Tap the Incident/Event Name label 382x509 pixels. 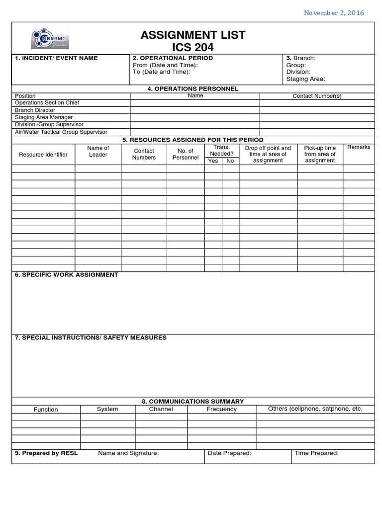click(x=56, y=58)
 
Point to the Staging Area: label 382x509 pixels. click(x=305, y=79)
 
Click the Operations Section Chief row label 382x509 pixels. click(x=47, y=103)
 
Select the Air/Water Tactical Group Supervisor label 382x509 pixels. click(x=61, y=132)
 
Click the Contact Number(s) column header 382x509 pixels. click(x=317, y=96)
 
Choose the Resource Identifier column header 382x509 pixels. click(x=43, y=155)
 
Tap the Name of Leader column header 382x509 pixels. click(x=98, y=151)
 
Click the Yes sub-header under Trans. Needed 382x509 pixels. click(x=213, y=161)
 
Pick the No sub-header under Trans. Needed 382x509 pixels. click(x=230, y=161)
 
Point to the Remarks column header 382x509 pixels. click(x=359, y=148)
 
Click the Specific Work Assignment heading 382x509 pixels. click(x=66, y=275)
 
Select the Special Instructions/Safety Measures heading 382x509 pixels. click(x=91, y=338)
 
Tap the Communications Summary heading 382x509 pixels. click(x=193, y=401)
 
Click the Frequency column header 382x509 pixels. click(x=221, y=409)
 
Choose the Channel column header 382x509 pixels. click(x=161, y=409)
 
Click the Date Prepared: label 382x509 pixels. click(x=229, y=453)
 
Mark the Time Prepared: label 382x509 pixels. click(x=316, y=453)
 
